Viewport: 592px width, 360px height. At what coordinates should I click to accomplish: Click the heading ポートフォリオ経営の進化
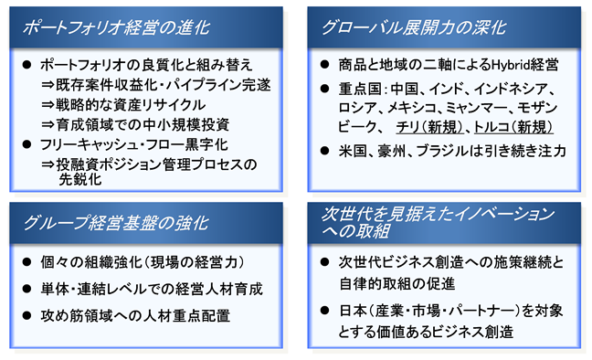coord(115,28)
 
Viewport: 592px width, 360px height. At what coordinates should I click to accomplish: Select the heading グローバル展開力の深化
coord(414,28)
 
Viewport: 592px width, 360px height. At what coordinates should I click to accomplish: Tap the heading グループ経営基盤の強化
coord(115,223)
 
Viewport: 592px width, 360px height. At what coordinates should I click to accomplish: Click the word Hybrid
coord(510,65)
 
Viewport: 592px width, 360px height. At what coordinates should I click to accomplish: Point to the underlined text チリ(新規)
coord(430,127)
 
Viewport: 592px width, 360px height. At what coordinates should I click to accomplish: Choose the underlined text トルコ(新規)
coord(513,127)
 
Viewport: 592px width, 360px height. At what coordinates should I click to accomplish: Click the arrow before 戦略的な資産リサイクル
coord(48,105)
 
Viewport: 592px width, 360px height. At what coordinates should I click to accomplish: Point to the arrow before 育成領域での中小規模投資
coord(48,124)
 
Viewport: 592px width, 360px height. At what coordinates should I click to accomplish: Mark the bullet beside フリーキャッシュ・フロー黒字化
coord(26,144)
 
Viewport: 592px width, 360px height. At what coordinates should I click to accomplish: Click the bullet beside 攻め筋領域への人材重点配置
coord(26,315)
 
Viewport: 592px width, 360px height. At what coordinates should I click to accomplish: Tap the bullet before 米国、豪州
coord(324,151)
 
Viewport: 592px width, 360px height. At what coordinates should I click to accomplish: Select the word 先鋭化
coord(80,179)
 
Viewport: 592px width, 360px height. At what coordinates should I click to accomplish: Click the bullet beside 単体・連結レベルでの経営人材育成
coord(26,289)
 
